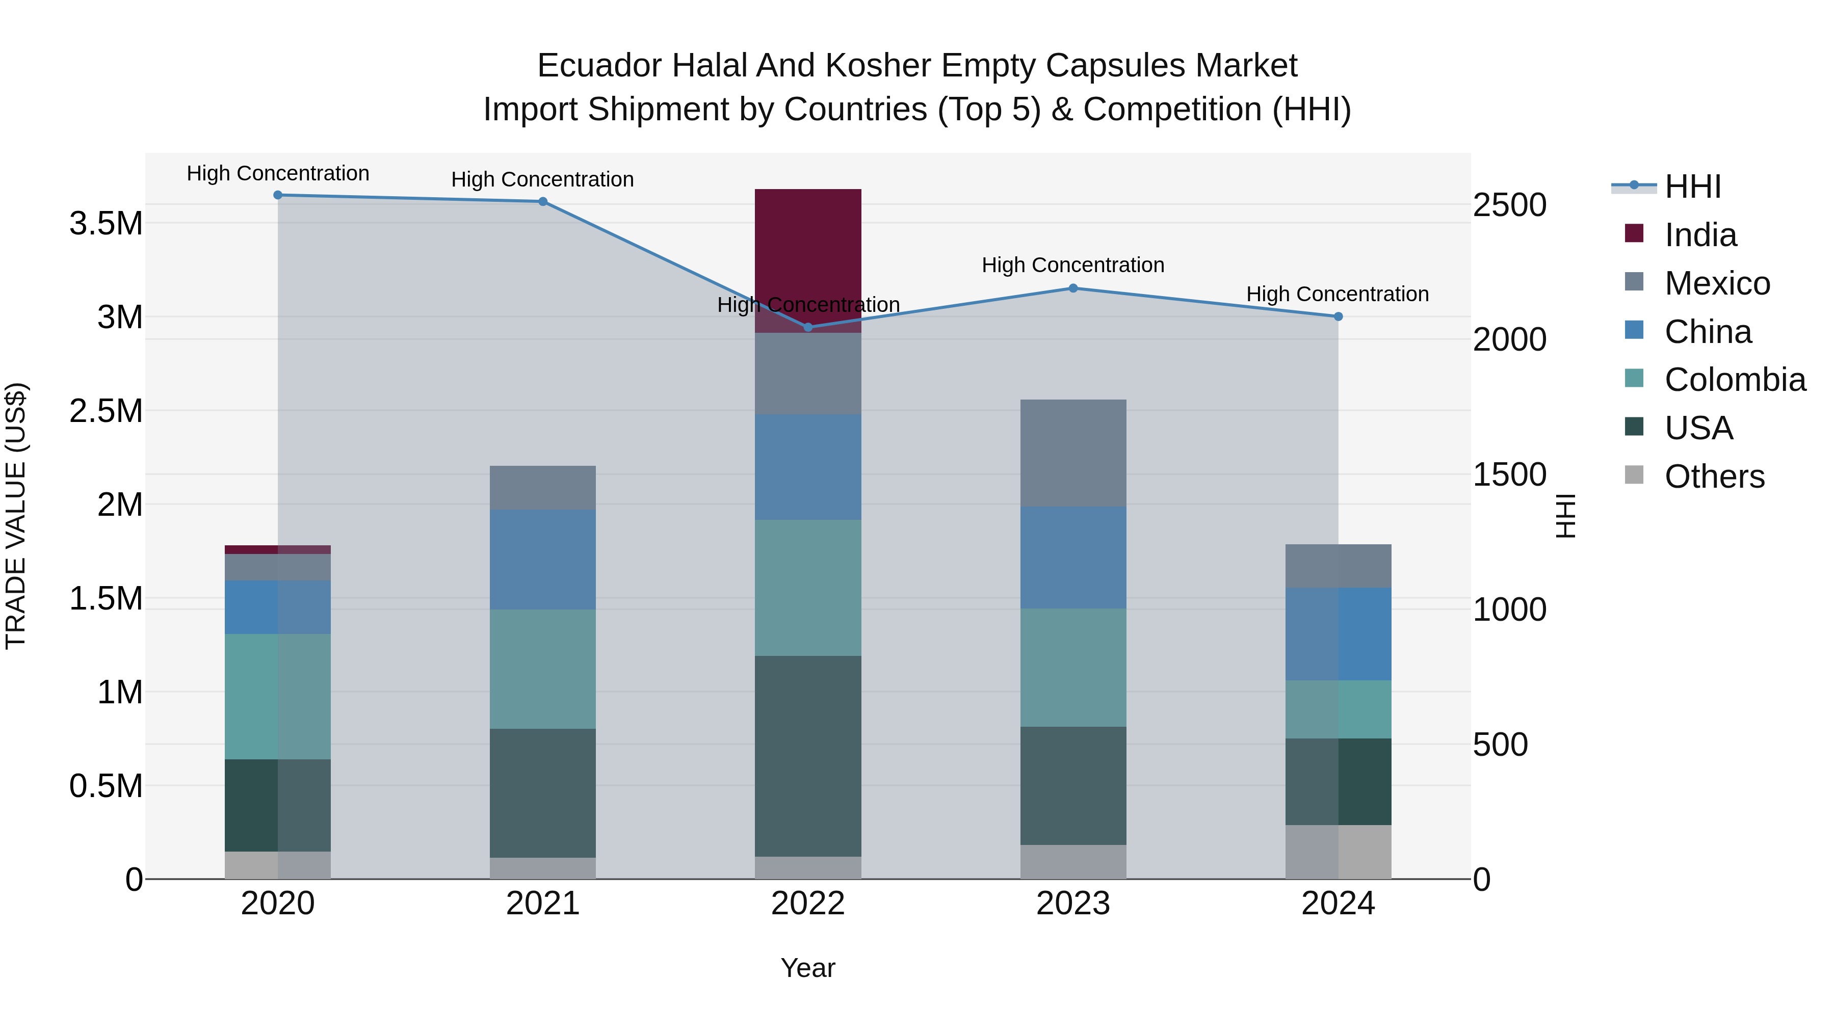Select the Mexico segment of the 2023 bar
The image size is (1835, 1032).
(1073, 453)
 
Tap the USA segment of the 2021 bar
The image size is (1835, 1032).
(543, 792)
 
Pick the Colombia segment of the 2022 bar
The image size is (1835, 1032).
(808, 588)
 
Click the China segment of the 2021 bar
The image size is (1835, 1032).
(543, 559)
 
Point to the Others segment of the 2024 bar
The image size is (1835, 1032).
(1338, 852)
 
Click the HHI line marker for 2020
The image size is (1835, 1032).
(278, 195)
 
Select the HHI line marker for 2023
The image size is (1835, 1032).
(1073, 288)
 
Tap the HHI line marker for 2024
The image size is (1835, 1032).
(1338, 316)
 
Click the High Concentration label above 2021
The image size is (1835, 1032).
(543, 179)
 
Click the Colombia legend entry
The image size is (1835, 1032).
(1734, 380)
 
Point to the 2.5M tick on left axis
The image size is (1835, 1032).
(106, 411)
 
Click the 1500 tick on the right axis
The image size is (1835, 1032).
(1509, 474)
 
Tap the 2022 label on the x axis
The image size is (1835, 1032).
(808, 904)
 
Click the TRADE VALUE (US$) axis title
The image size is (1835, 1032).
(16, 516)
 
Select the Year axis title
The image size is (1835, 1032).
(808, 968)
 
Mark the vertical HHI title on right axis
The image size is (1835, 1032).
(1565, 516)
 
